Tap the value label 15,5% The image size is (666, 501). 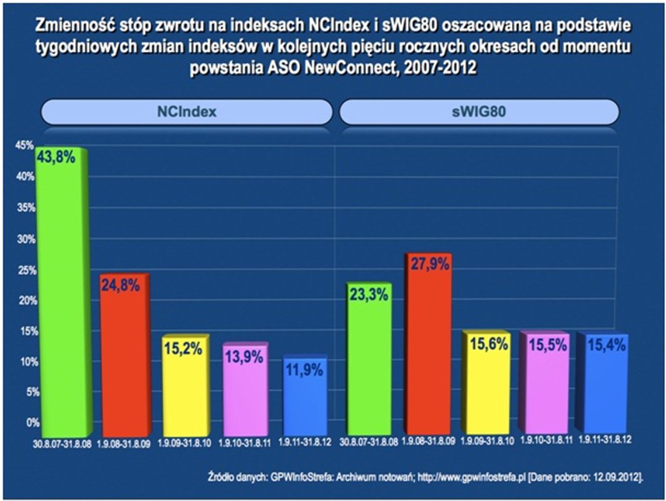pos(548,344)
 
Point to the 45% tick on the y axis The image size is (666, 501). pos(24,145)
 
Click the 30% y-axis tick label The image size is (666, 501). pos(24,239)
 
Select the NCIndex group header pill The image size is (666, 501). pos(186,112)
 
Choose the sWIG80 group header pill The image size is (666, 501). pos(479,112)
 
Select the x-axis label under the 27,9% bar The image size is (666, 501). pos(428,442)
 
